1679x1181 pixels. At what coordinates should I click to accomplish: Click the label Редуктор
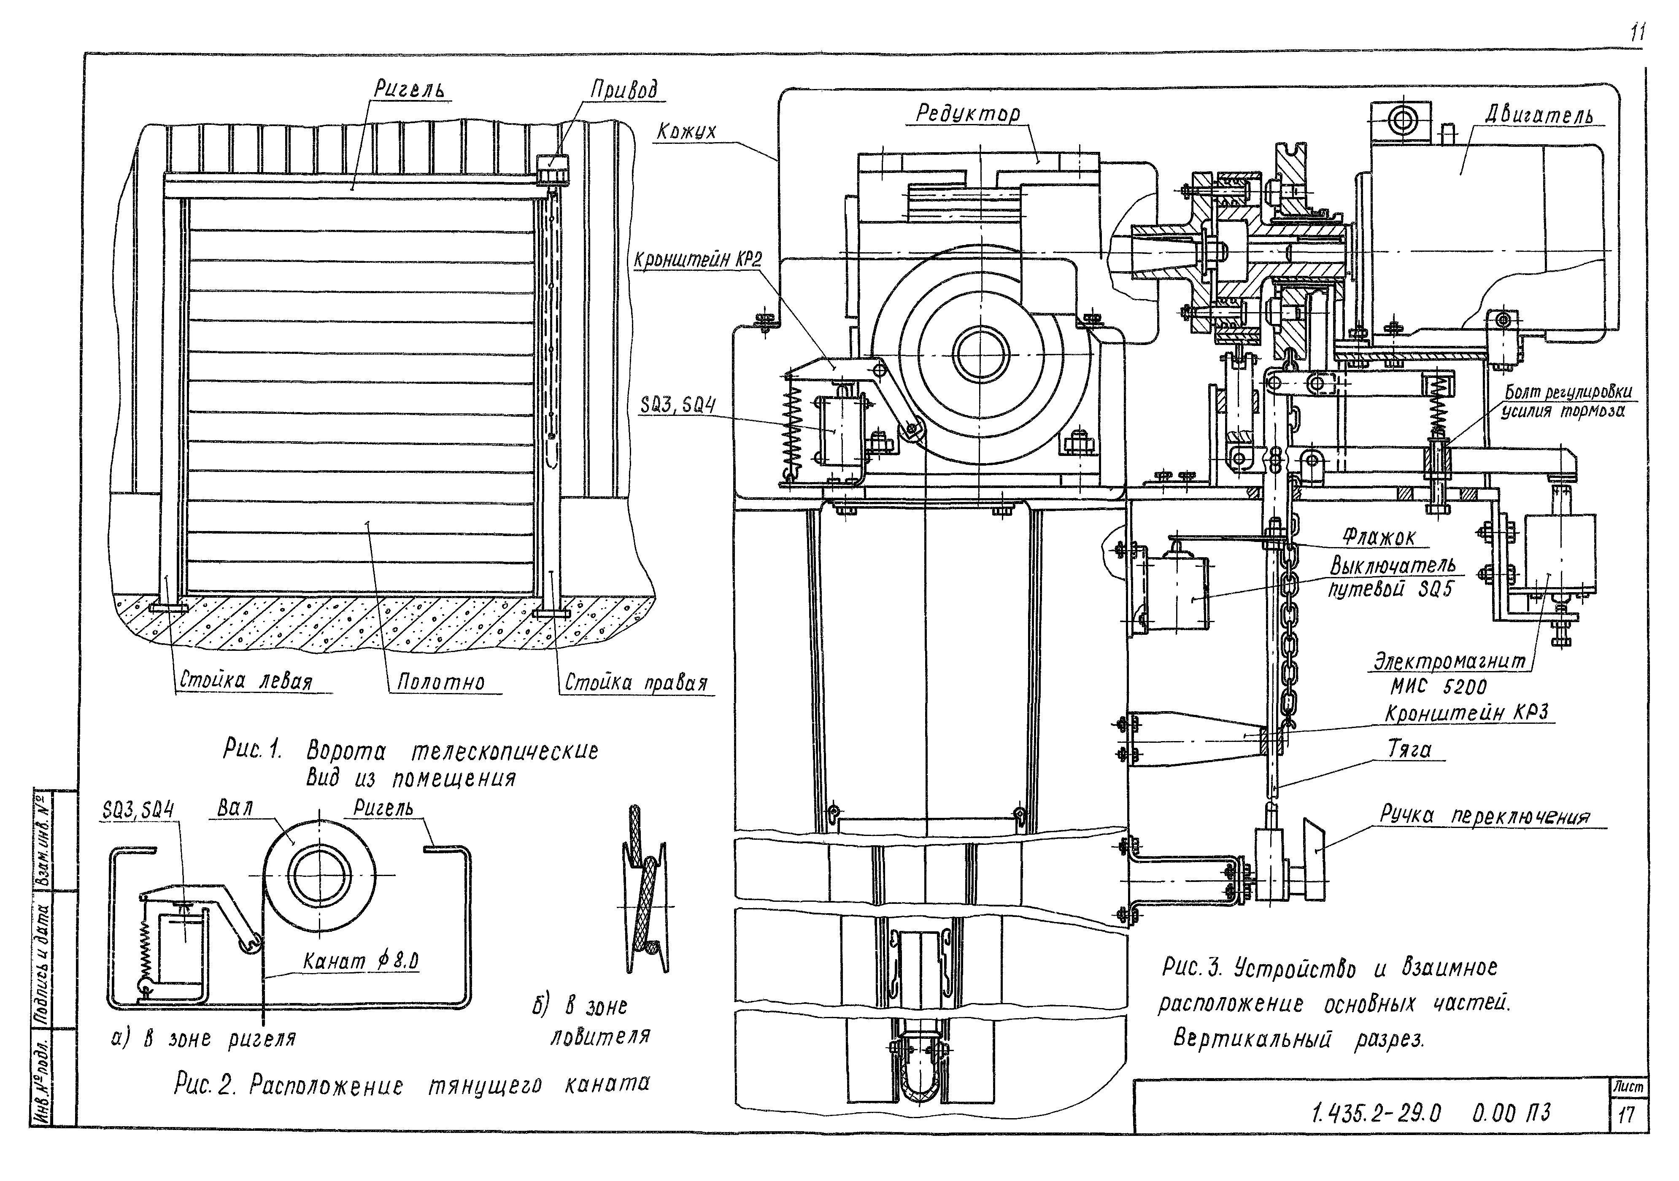point(967,113)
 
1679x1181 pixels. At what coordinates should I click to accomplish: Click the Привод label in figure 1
point(624,90)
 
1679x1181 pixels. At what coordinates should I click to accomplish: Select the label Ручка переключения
point(1485,815)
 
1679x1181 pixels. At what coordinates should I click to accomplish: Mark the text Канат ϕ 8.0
point(361,962)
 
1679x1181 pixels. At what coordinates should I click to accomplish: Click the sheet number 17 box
point(1627,1115)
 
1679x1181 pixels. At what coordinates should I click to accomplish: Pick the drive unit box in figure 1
point(553,170)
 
